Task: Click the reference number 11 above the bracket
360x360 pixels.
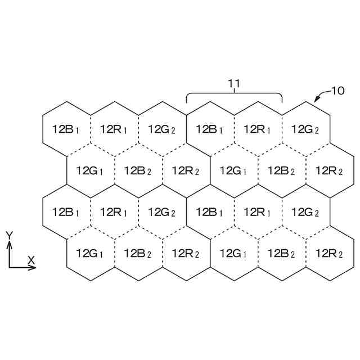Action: pos(234,84)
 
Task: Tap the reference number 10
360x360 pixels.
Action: pos(337,90)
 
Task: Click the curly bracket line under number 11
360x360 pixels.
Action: pos(234,93)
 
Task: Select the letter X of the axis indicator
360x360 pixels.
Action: pos(31,260)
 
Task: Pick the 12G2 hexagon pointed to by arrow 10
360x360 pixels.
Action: pos(305,129)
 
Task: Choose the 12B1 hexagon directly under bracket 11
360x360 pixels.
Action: pos(210,129)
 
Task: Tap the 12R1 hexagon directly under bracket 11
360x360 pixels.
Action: pos(258,129)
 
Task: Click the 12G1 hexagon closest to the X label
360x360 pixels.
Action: pos(90,253)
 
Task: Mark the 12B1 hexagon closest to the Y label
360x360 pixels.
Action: pos(66,212)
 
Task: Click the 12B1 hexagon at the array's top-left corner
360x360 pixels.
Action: pos(66,129)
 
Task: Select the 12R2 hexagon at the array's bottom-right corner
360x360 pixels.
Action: pos(330,253)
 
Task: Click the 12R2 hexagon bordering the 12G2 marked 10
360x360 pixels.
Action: pos(330,170)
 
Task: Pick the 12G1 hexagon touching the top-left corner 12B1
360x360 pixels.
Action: pos(90,170)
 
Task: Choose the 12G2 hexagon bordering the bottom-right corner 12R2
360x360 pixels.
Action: pos(305,212)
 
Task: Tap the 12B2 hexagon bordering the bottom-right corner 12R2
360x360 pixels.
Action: pos(281,253)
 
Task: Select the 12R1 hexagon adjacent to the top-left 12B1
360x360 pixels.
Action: pos(114,129)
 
